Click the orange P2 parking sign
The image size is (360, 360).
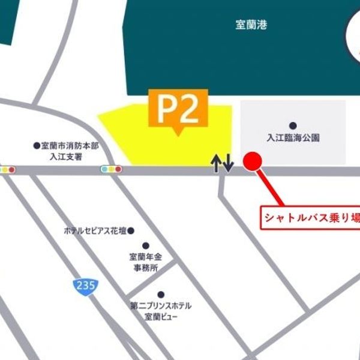pos(178,108)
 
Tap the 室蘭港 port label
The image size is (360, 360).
pos(252,26)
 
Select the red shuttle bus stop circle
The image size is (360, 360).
pos(253,161)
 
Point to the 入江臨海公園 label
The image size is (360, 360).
pos(293,137)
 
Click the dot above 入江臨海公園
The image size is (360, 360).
pos(293,125)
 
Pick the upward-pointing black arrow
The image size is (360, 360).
pos(216,163)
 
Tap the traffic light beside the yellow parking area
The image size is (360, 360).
pos(111,169)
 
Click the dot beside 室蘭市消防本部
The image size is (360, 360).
pos(36,145)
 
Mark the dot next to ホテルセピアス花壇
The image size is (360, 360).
pos(131,230)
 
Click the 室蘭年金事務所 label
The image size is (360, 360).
pos(145,262)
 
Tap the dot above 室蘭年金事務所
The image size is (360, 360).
pos(145,245)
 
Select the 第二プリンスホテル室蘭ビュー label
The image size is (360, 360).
pos(160,310)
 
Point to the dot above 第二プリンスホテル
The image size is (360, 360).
pos(160,294)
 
